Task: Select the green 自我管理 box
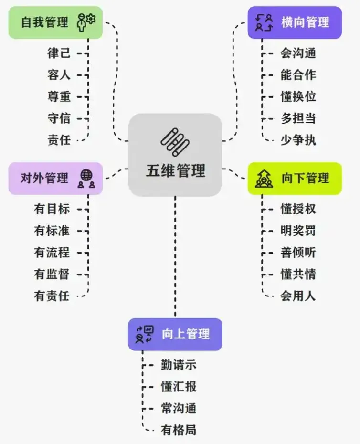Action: [x=55, y=22]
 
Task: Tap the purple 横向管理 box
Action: [x=295, y=22]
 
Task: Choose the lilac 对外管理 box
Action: [x=55, y=179]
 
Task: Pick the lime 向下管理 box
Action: [x=295, y=179]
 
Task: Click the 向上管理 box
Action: [x=175, y=334]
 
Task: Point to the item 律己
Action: [x=59, y=53]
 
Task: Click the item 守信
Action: [x=59, y=118]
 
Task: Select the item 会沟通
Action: [x=298, y=53]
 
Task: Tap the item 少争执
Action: [x=298, y=140]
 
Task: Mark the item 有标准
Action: [x=52, y=231]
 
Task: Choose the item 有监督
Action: [x=52, y=275]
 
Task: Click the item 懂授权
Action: [x=298, y=209]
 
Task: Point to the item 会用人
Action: [x=298, y=296]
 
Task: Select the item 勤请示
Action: [x=179, y=365]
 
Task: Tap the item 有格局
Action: [x=179, y=430]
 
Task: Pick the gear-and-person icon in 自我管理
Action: [x=86, y=22]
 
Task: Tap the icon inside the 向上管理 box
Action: [x=144, y=334]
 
